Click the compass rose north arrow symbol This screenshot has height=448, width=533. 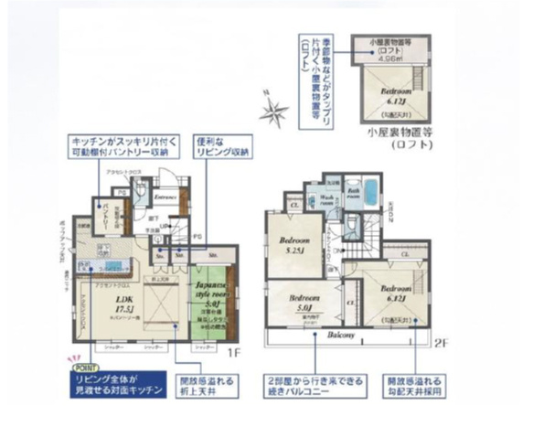(x=272, y=112)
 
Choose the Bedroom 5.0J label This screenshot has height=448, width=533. (x=301, y=303)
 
